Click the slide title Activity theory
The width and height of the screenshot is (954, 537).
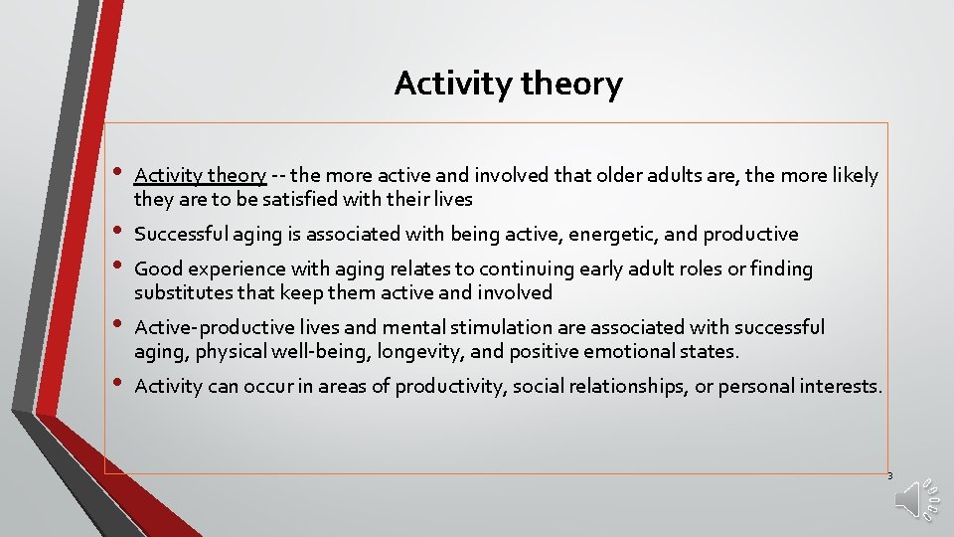(x=508, y=84)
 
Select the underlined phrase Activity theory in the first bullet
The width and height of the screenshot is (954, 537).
(x=200, y=176)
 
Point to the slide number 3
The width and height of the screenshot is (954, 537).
(x=889, y=476)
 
